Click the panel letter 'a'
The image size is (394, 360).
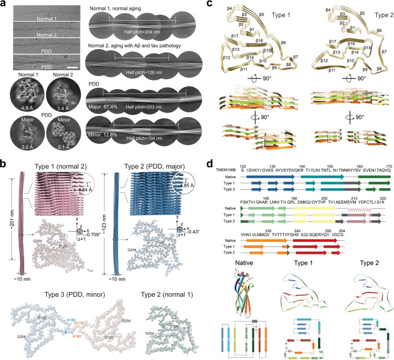[x=3, y=4]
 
